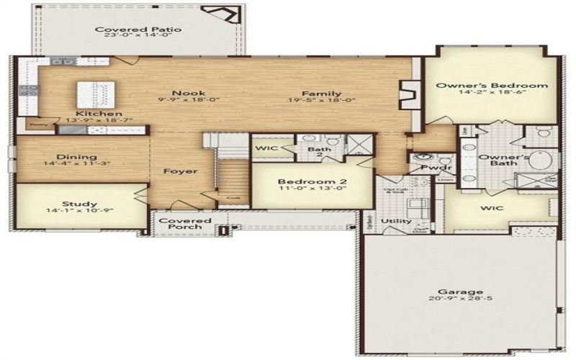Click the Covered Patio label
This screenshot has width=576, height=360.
pos(138,30)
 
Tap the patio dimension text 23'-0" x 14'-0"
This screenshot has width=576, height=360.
pos(138,37)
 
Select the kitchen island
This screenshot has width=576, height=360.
pos(96,94)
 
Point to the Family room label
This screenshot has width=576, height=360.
pos(321,93)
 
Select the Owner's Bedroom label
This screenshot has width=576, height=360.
pos(492,85)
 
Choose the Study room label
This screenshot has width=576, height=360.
pos(79,204)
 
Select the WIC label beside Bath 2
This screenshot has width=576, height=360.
pos(266,148)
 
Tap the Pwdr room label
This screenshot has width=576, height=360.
pos(423,168)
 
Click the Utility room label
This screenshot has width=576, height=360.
pos(397,221)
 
